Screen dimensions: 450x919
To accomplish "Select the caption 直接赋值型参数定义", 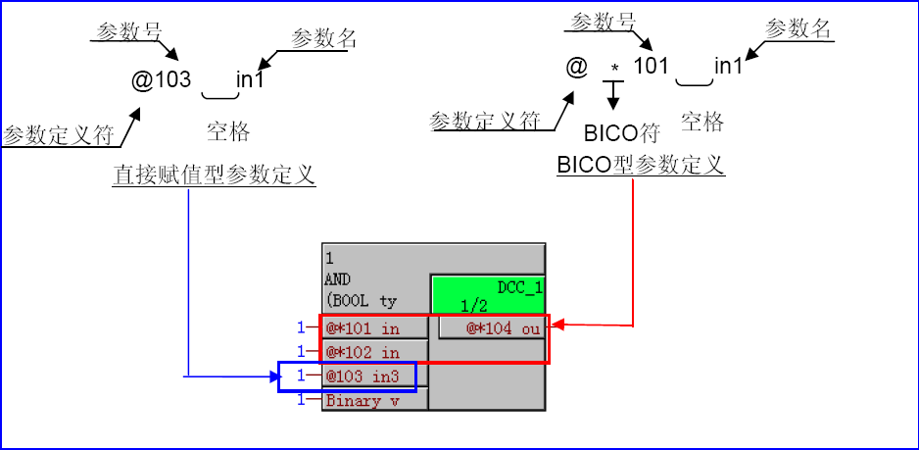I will point(214,175).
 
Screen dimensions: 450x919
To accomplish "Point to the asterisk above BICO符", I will point(614,69).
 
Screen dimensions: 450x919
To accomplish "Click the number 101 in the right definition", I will point(651,67).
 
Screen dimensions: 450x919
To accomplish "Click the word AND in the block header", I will point(337,279).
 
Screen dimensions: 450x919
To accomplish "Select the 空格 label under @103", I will point(227,131).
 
